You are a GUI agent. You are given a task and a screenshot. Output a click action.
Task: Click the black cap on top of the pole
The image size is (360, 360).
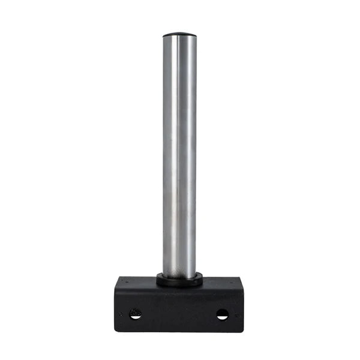(x=179, y=35)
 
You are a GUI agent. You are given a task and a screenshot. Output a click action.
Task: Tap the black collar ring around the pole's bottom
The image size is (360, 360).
(x=179, y=280)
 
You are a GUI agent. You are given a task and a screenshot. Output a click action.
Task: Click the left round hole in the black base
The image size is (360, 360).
(x=135, y=313)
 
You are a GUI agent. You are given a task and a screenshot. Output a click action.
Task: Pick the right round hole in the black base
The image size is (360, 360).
(x=222, y=314)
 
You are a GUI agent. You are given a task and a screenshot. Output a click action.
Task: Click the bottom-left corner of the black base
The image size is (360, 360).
(x=116, y=331)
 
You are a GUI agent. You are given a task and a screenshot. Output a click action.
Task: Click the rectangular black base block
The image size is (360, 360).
(x=179, y=306)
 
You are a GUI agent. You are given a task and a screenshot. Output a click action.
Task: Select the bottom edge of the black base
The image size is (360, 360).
(x=179, y=331)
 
